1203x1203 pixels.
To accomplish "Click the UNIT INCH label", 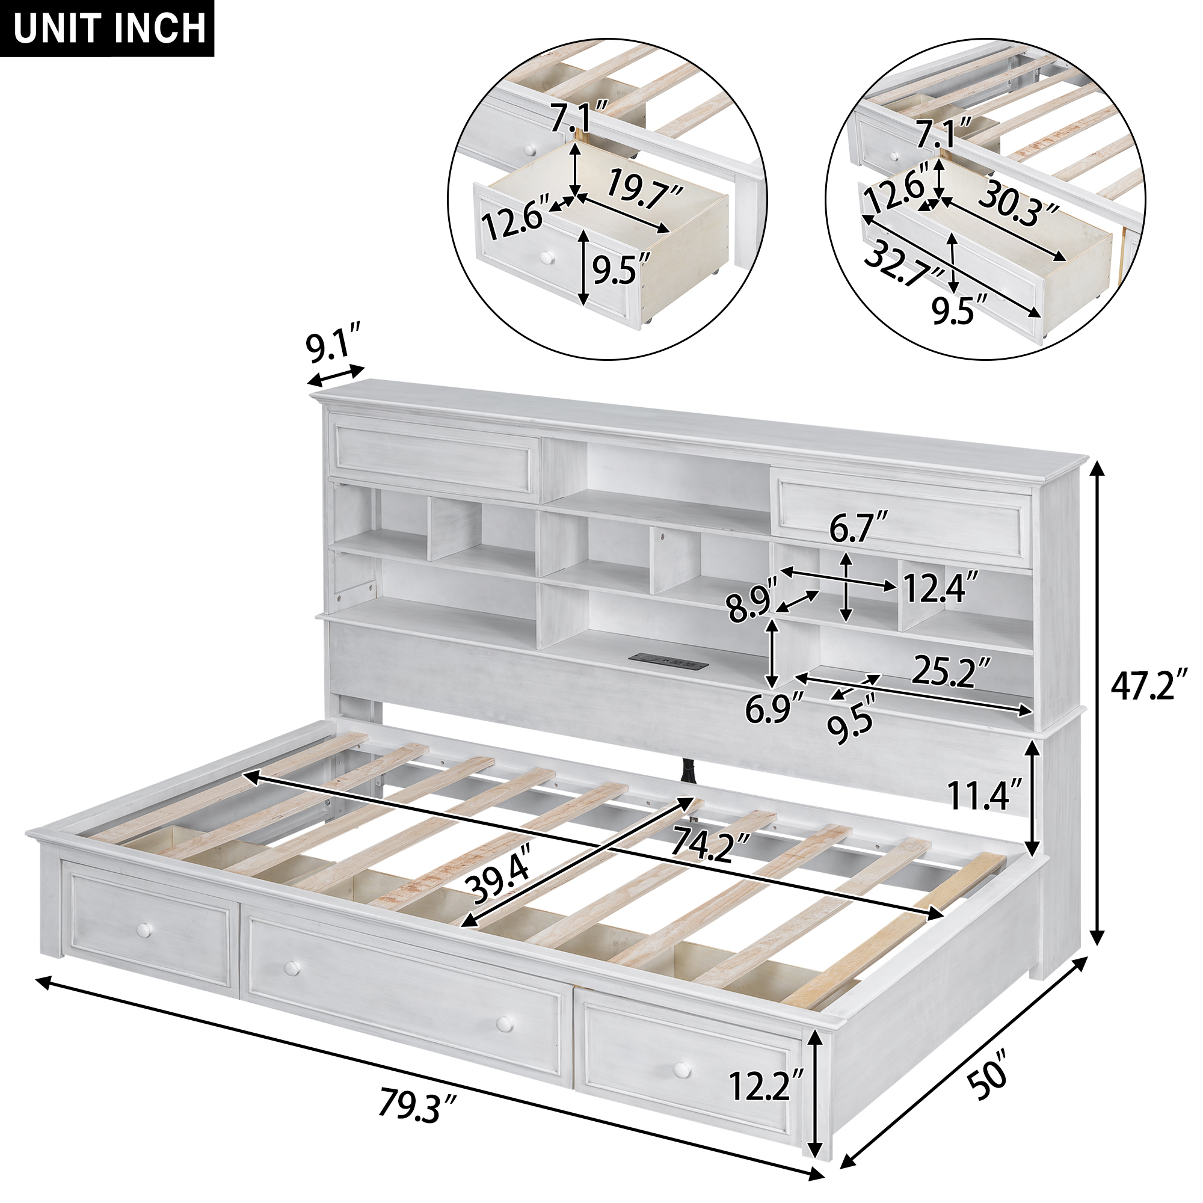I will [109, 28].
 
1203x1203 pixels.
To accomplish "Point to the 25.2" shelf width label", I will [951, 672].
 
